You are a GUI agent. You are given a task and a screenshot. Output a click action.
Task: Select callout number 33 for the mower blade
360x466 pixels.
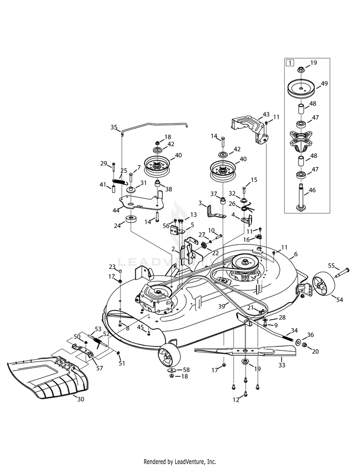click(x=282, y=365)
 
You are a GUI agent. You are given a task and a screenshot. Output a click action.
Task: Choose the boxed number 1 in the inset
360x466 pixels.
click(x=290, y=63)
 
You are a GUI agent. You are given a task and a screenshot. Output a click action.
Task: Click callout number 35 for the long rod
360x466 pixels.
click(x=114, y=127)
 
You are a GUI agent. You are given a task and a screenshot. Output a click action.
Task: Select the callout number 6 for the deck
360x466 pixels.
click(x=296, y=254)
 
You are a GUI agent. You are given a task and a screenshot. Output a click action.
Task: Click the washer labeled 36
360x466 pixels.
click(x=299, y=343)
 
